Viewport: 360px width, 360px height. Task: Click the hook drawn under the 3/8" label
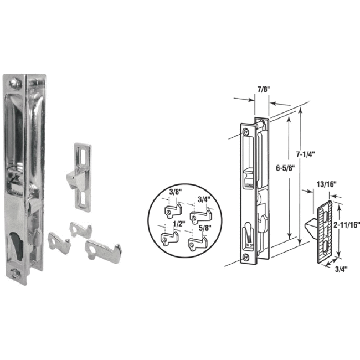coord(175,211)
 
